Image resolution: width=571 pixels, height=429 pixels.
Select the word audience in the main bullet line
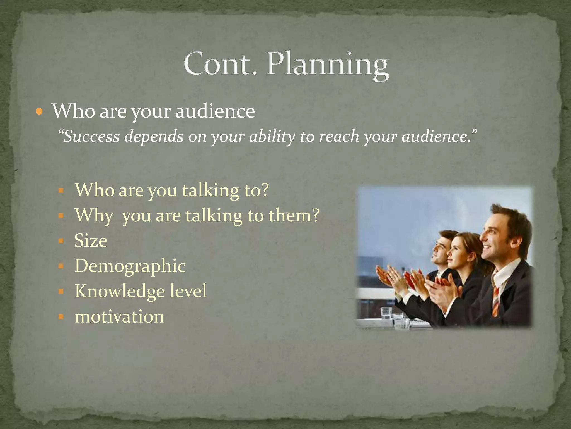[x=215, y=111]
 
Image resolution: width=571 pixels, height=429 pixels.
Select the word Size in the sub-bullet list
[x=91, y=241]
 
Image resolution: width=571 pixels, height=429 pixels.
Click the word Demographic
[x=130, y=266]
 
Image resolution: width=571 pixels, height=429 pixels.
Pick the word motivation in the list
[x=119, y=317]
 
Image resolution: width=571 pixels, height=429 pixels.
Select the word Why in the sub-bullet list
[x=94, y=216]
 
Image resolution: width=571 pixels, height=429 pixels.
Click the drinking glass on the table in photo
[x=386, y=313]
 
